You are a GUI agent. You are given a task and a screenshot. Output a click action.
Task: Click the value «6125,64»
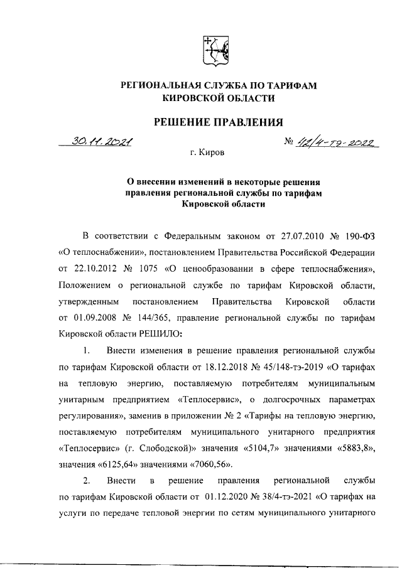pos(114,464)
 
